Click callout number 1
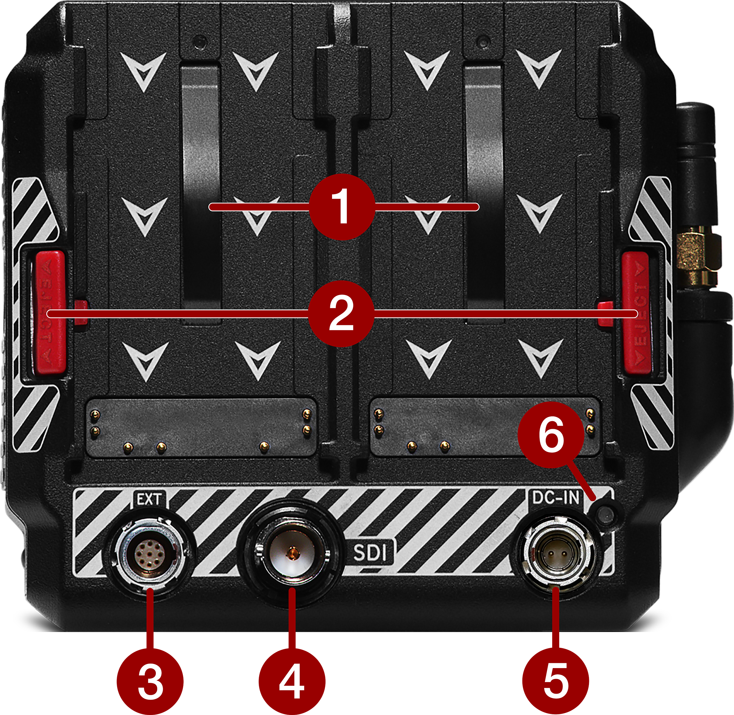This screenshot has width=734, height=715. [x=342, y=207]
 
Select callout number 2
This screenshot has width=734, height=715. [x=341, y=313]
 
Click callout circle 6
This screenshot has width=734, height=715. [x=551, y=435]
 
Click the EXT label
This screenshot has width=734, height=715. [x=149, y=500]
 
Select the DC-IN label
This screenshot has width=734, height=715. [x=556, y=497]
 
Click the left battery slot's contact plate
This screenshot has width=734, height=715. [x=201, y=428]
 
